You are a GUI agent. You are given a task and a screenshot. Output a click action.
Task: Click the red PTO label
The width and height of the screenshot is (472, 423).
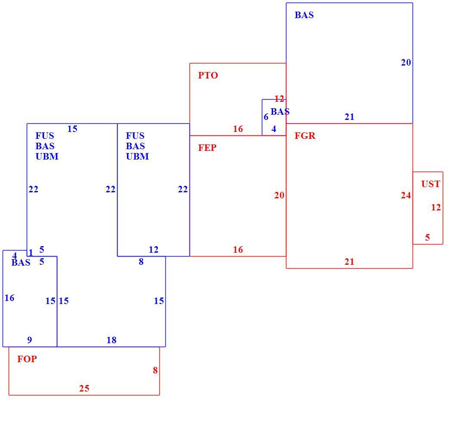coord(208,75)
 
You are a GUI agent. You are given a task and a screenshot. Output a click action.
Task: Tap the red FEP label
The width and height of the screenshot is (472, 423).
coord(207,148)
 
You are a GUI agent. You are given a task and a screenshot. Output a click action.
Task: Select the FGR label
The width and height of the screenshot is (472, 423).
coord(305,136)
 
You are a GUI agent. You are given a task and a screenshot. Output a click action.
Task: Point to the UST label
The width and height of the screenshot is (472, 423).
coord(431,184)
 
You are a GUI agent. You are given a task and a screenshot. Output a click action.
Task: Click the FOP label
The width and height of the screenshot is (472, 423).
coord(27,359)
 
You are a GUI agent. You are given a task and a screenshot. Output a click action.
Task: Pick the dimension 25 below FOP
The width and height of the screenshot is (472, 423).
coord(84,389)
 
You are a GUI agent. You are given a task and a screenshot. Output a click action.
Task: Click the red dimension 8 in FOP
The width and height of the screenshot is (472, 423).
coord(155,370)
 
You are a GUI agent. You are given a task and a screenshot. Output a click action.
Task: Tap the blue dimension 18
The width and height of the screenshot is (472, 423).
coord(112,340)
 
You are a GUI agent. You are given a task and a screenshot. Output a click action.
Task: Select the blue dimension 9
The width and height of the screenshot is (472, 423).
coord(29,340)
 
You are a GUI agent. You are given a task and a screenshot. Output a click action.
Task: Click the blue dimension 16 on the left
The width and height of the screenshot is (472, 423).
coord(9,298)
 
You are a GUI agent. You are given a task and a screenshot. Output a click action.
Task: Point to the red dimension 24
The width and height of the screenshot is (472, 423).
coord(406,195)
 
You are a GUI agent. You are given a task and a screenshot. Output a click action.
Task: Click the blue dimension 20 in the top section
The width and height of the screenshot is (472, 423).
coord(406,63)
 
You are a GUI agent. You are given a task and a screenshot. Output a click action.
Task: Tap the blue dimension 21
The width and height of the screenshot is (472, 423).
coord(349,117)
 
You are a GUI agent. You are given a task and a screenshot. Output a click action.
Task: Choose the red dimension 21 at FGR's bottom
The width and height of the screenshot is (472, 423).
coord(349,262)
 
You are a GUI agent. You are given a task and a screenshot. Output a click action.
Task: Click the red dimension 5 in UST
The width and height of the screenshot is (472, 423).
coord(428,238)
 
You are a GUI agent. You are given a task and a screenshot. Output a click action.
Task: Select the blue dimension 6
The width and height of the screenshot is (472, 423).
coord(266,117)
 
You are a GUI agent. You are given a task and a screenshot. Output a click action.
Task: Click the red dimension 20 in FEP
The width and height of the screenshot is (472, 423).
coord(279,195)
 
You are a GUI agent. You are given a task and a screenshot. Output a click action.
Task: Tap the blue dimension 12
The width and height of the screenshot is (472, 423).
coord(153,250)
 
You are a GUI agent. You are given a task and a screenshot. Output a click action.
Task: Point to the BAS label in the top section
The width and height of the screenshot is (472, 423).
coord(304,15)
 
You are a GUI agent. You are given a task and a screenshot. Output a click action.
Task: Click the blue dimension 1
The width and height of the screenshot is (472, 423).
coord(31,252)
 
